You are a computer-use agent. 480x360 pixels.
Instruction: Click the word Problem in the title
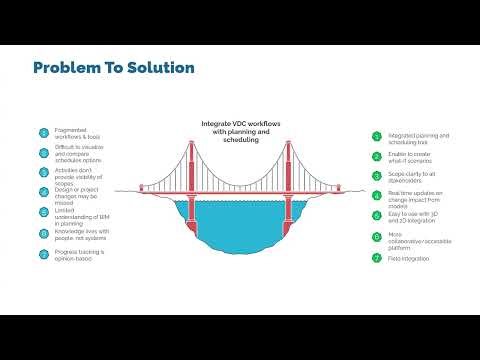(66, 68)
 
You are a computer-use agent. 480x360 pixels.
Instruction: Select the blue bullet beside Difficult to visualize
(44, 153)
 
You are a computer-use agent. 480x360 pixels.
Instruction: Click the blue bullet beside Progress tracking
(44, 254)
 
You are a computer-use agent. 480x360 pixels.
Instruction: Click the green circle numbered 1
(376, 137)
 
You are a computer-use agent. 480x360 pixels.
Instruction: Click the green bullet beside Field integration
(376, 258)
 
